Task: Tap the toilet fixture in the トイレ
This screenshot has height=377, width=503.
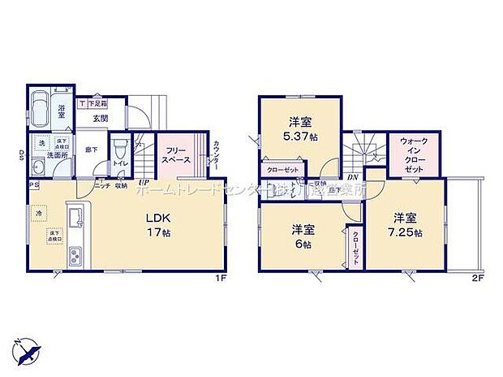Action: (120, 150)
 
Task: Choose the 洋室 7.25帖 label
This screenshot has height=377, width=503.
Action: (406, 224)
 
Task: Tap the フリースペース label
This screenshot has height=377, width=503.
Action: (178, 155)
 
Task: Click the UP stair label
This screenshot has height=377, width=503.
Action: (143, 182)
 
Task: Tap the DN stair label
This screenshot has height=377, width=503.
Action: (352, 177)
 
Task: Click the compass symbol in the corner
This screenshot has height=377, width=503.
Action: (28, 350)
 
